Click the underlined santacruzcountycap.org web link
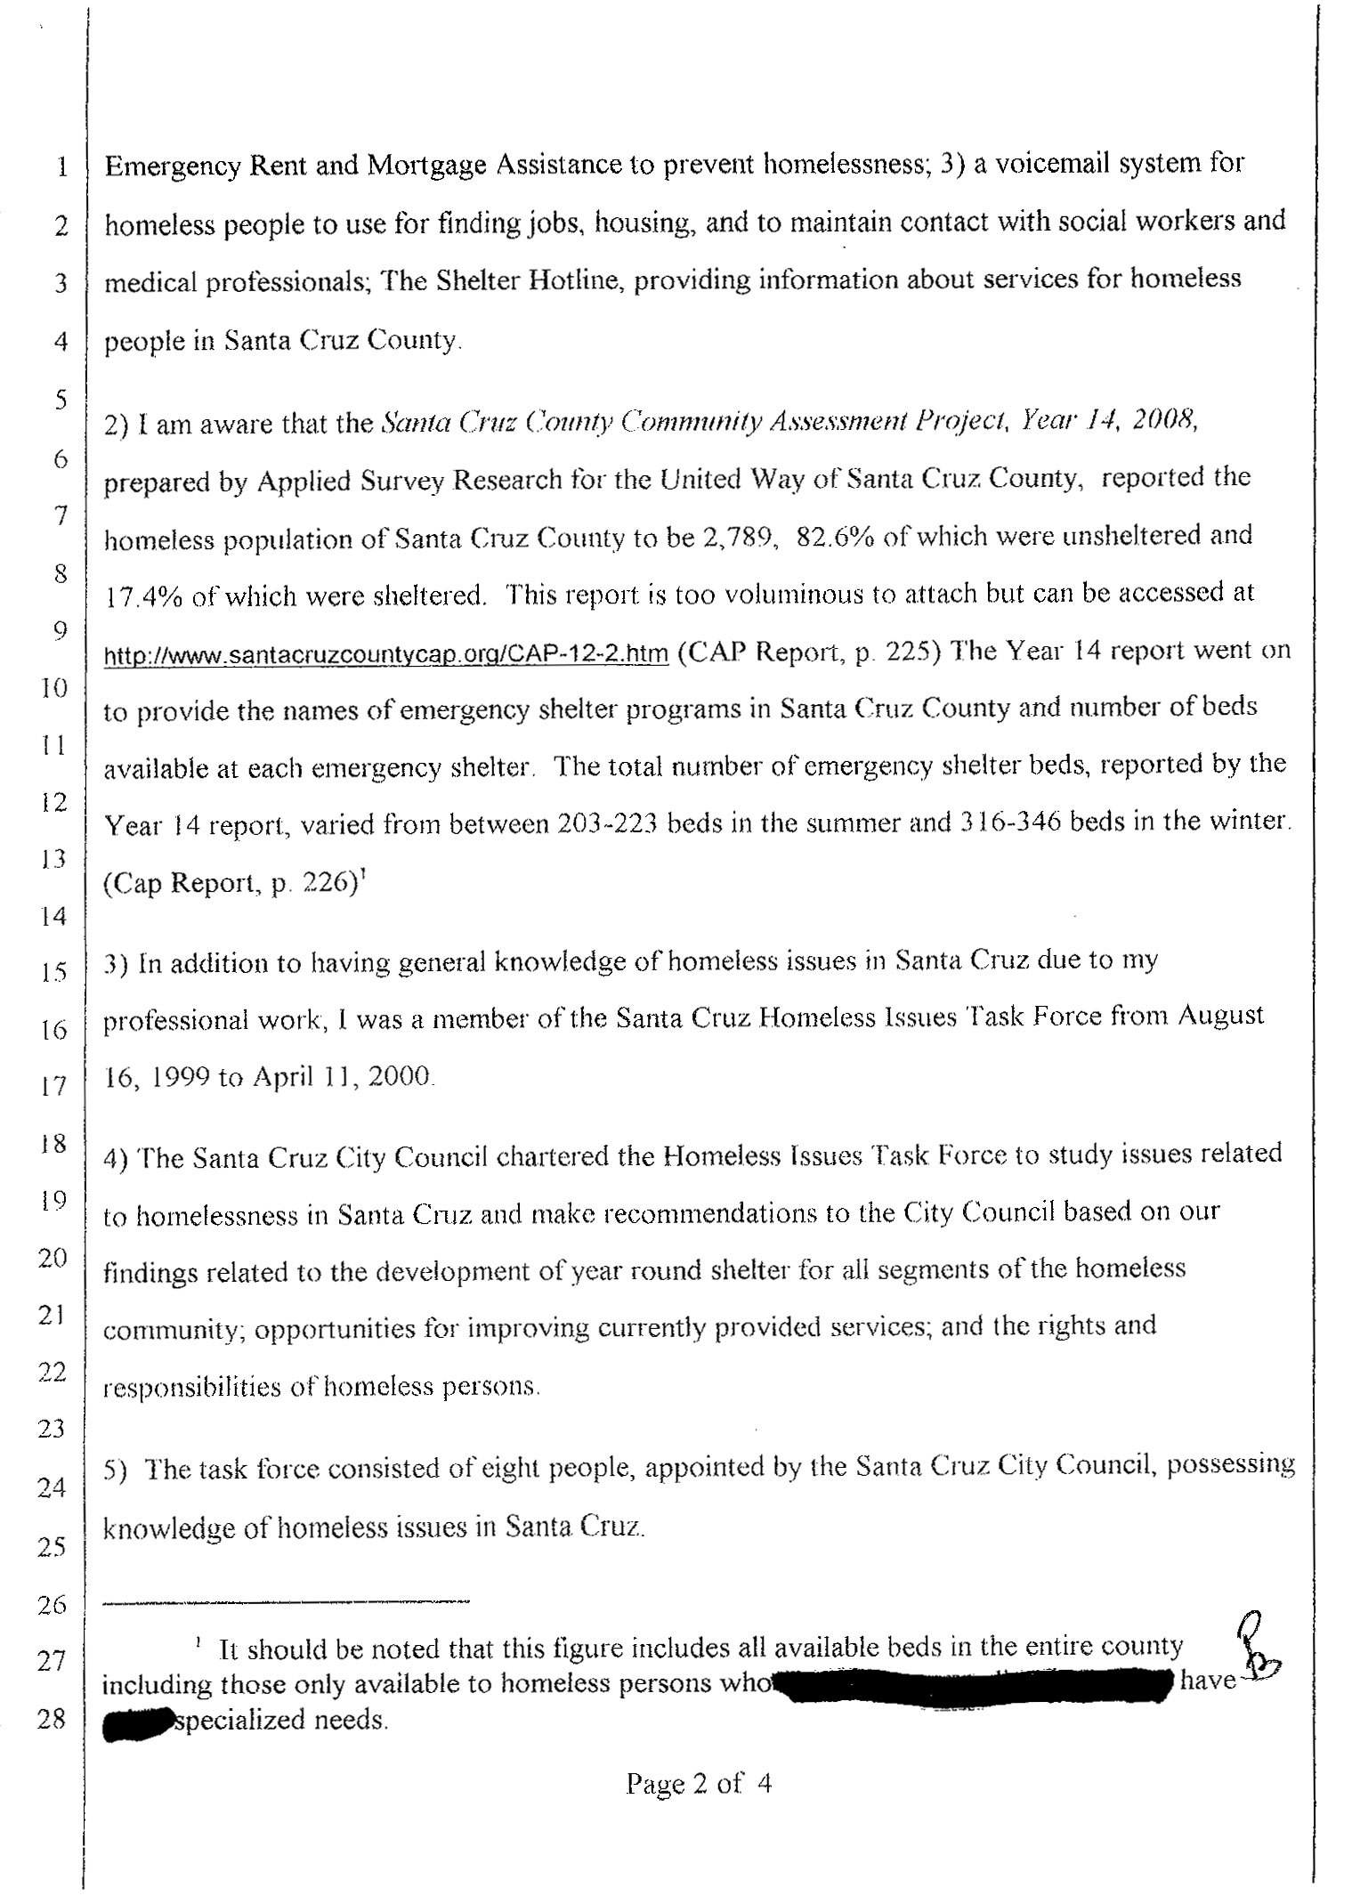[385, 655]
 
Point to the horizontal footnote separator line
[287, 1602]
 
